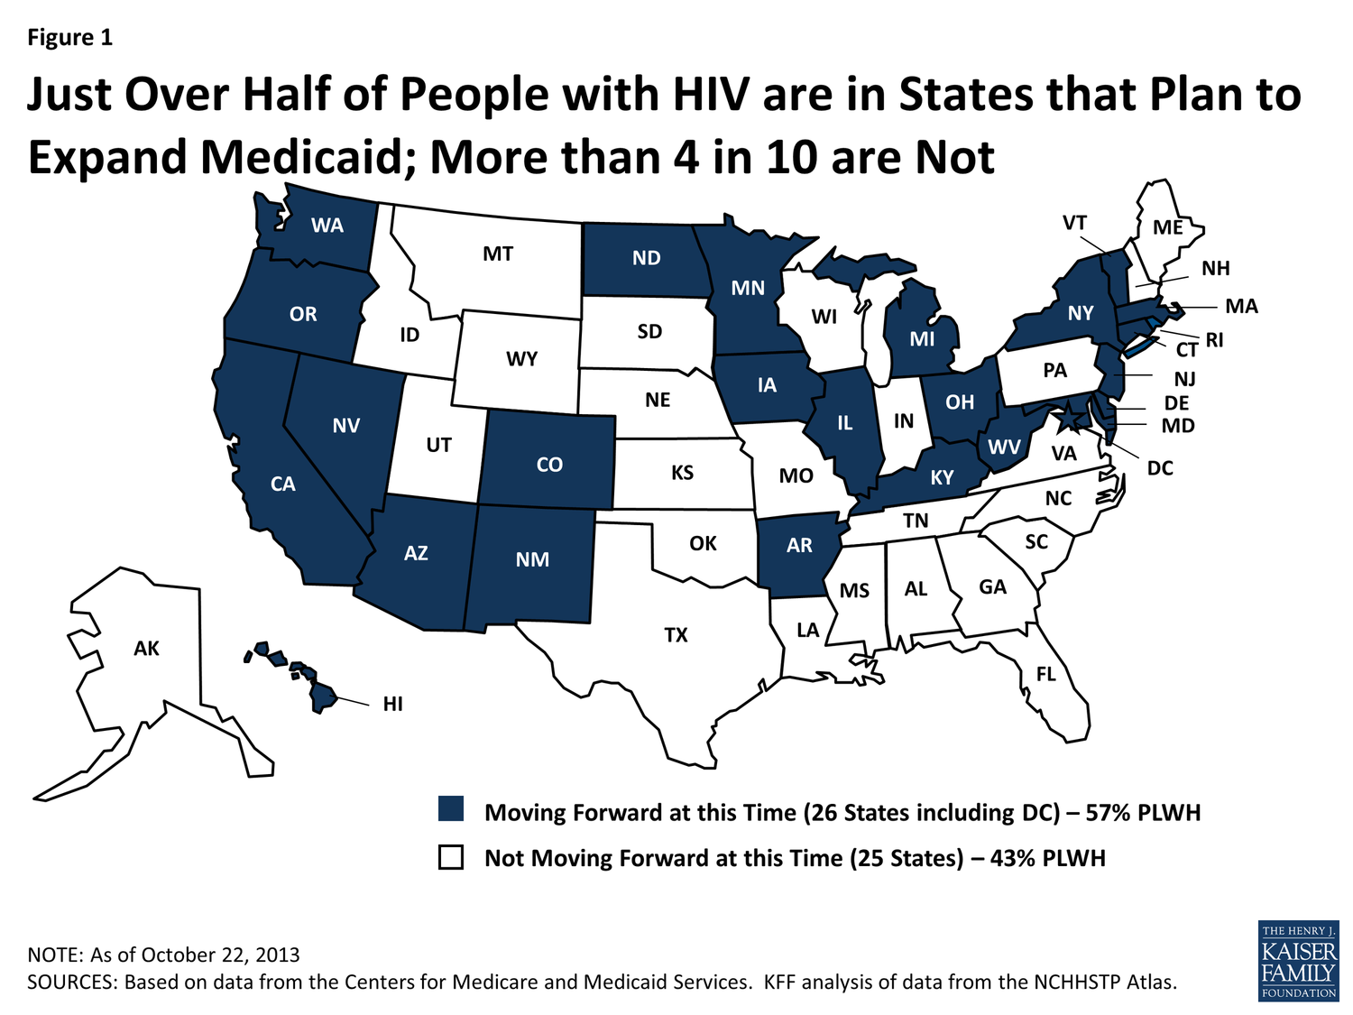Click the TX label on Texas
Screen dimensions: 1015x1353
(x=676, y=635)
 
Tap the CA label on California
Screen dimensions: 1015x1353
(x=283, y=484)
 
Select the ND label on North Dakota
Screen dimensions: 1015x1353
(x=646, y=258)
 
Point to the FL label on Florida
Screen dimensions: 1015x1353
(x=1045, y=674)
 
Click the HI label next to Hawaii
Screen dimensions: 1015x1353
(x=392, y=704)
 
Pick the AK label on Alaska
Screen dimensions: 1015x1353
(x=146, y=648)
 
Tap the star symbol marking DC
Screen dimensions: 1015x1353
(x=1067, y=417)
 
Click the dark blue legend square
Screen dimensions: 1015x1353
(x=451, y=808)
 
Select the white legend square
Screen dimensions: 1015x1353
(x=451, y=856)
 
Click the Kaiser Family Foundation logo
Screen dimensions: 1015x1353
(x=1298, y=961)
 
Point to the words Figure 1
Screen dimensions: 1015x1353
(x=69, y=37)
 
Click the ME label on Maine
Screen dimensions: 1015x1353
(x=1168, y=227)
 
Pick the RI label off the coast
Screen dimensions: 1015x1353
(x=1214, y=340)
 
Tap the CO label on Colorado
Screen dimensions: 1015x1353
(x=549, y=465)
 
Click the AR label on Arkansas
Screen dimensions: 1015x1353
(x=799, y=545)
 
